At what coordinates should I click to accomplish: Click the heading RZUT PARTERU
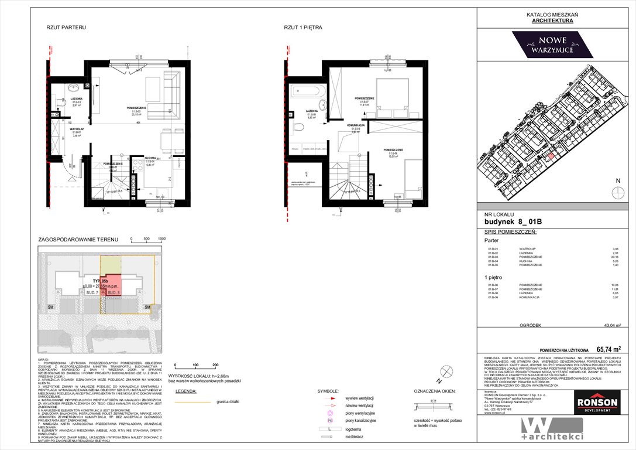coord(66,28)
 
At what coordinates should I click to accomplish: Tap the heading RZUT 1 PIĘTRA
coord(302,28)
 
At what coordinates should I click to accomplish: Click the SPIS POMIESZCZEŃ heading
coord(511,232)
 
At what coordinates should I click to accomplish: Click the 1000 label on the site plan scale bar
coord(161,239)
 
